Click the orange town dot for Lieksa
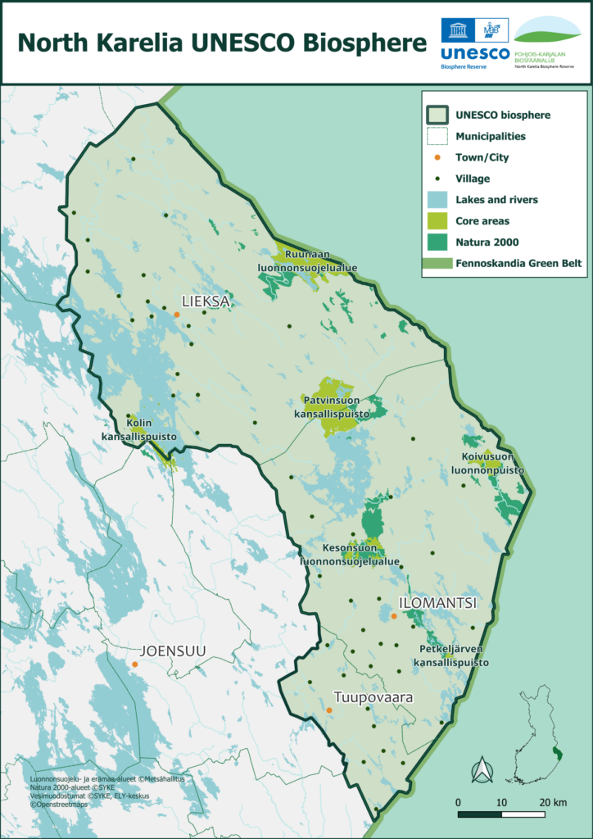coord(176,314)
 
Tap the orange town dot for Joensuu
coord(135,664)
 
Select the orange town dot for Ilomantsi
coord(393,616)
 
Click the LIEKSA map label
coord(206,302)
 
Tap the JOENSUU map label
coord(173,651)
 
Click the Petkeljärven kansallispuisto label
coord(452,655)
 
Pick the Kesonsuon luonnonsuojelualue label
coord(350,556)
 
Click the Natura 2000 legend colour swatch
coord(439,242)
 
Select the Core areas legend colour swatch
coord(439,221)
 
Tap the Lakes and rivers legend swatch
coord(439,200)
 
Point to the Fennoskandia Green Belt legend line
coord(439,263)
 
